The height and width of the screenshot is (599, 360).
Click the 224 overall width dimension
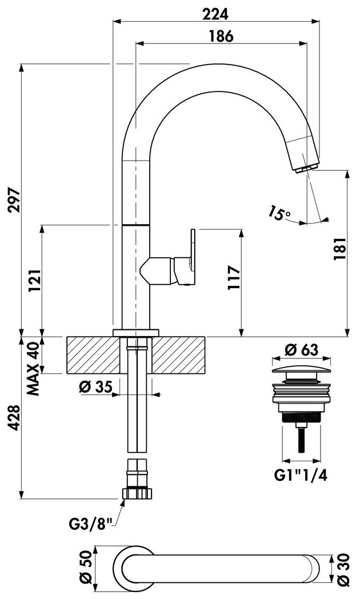tap(215, 14)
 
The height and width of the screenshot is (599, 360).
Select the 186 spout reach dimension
tap(221, 36)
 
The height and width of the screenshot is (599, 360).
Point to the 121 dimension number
tap(35, 281)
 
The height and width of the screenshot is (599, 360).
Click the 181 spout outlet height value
tap(339, 249)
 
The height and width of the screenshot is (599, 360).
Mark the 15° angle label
tap(279, 213)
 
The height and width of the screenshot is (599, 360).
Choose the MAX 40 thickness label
tap(33, 368)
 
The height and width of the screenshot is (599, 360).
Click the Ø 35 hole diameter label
tap(96, 387)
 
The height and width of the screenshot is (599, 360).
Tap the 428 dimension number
tap(14, 418)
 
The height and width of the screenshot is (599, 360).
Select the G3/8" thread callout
tap(90, 523)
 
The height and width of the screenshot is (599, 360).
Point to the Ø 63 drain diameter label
tap(301, 349)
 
